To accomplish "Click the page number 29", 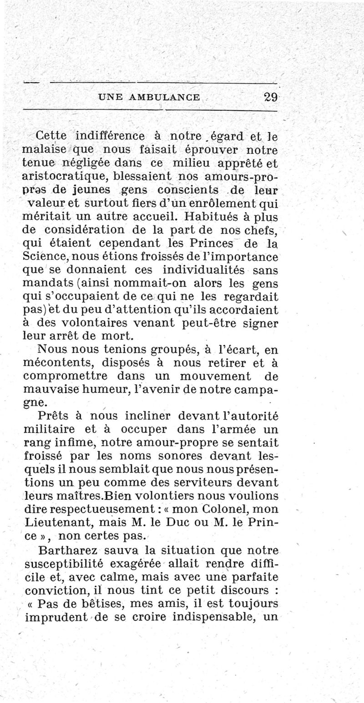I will pos(270,97).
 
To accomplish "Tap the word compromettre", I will pos(65,377).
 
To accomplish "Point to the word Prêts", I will pos(55,416).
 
